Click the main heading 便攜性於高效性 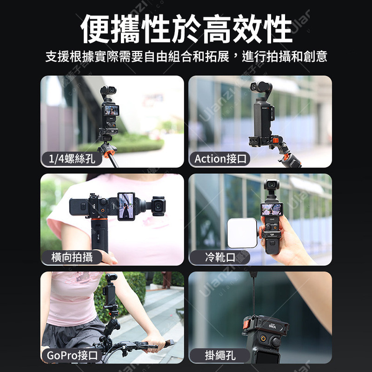(186, 28)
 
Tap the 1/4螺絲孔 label (72, 159)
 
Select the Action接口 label (220, 159)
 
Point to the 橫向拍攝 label (72, 257)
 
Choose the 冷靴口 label (220, 257)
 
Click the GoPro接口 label (72, 355)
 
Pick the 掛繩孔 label (220, 355)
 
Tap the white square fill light (242, 233)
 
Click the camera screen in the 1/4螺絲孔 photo (112, 110)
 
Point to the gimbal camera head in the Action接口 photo (260, 87)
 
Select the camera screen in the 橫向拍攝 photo (126, 206)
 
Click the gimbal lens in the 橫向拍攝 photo (158, 206)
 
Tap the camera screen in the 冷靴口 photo (272, 210)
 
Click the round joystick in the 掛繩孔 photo (276, 342)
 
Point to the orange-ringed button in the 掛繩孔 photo (263, 339)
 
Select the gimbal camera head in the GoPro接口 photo (111, 278)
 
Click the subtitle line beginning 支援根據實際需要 (186, 56)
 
